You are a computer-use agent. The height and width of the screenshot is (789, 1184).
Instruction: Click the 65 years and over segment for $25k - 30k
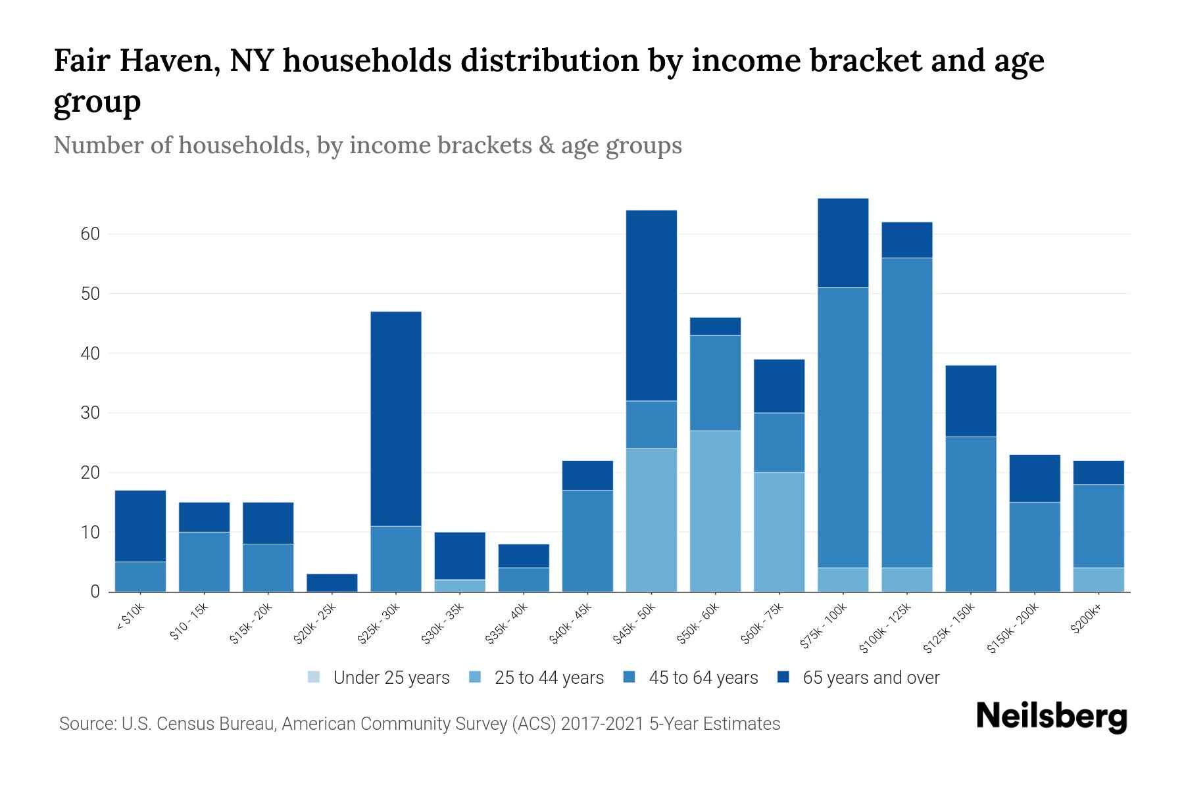[396, 418]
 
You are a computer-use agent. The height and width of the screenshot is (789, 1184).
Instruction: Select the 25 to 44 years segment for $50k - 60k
[715, 511]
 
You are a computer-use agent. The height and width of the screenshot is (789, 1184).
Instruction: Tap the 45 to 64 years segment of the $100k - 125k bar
[906, 412]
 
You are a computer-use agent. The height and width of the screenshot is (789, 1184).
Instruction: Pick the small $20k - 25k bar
[332, 583]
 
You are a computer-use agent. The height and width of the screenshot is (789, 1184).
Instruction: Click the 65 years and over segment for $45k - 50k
[651, 305]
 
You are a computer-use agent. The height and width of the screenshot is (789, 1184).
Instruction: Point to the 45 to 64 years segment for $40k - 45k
[587, 540]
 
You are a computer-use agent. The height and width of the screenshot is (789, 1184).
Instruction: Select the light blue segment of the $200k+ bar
[1098, 579]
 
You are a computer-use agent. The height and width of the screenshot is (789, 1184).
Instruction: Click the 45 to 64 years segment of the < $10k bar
[140, 577]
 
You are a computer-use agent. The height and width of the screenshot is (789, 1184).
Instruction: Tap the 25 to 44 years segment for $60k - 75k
[779, 531]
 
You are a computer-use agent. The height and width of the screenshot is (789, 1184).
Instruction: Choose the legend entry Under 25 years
[379, 677]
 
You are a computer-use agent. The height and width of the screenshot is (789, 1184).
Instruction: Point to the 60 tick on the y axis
[90, 234]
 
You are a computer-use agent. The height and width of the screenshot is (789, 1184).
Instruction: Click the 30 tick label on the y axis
[90, 413]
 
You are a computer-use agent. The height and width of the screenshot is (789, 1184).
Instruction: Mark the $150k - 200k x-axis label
[1014, 629]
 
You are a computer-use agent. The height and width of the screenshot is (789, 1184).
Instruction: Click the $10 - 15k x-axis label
[188, 621]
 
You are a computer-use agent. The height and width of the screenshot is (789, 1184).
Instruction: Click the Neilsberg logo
[1051, 717]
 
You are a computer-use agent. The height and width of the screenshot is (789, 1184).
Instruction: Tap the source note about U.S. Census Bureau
[420, 724]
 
